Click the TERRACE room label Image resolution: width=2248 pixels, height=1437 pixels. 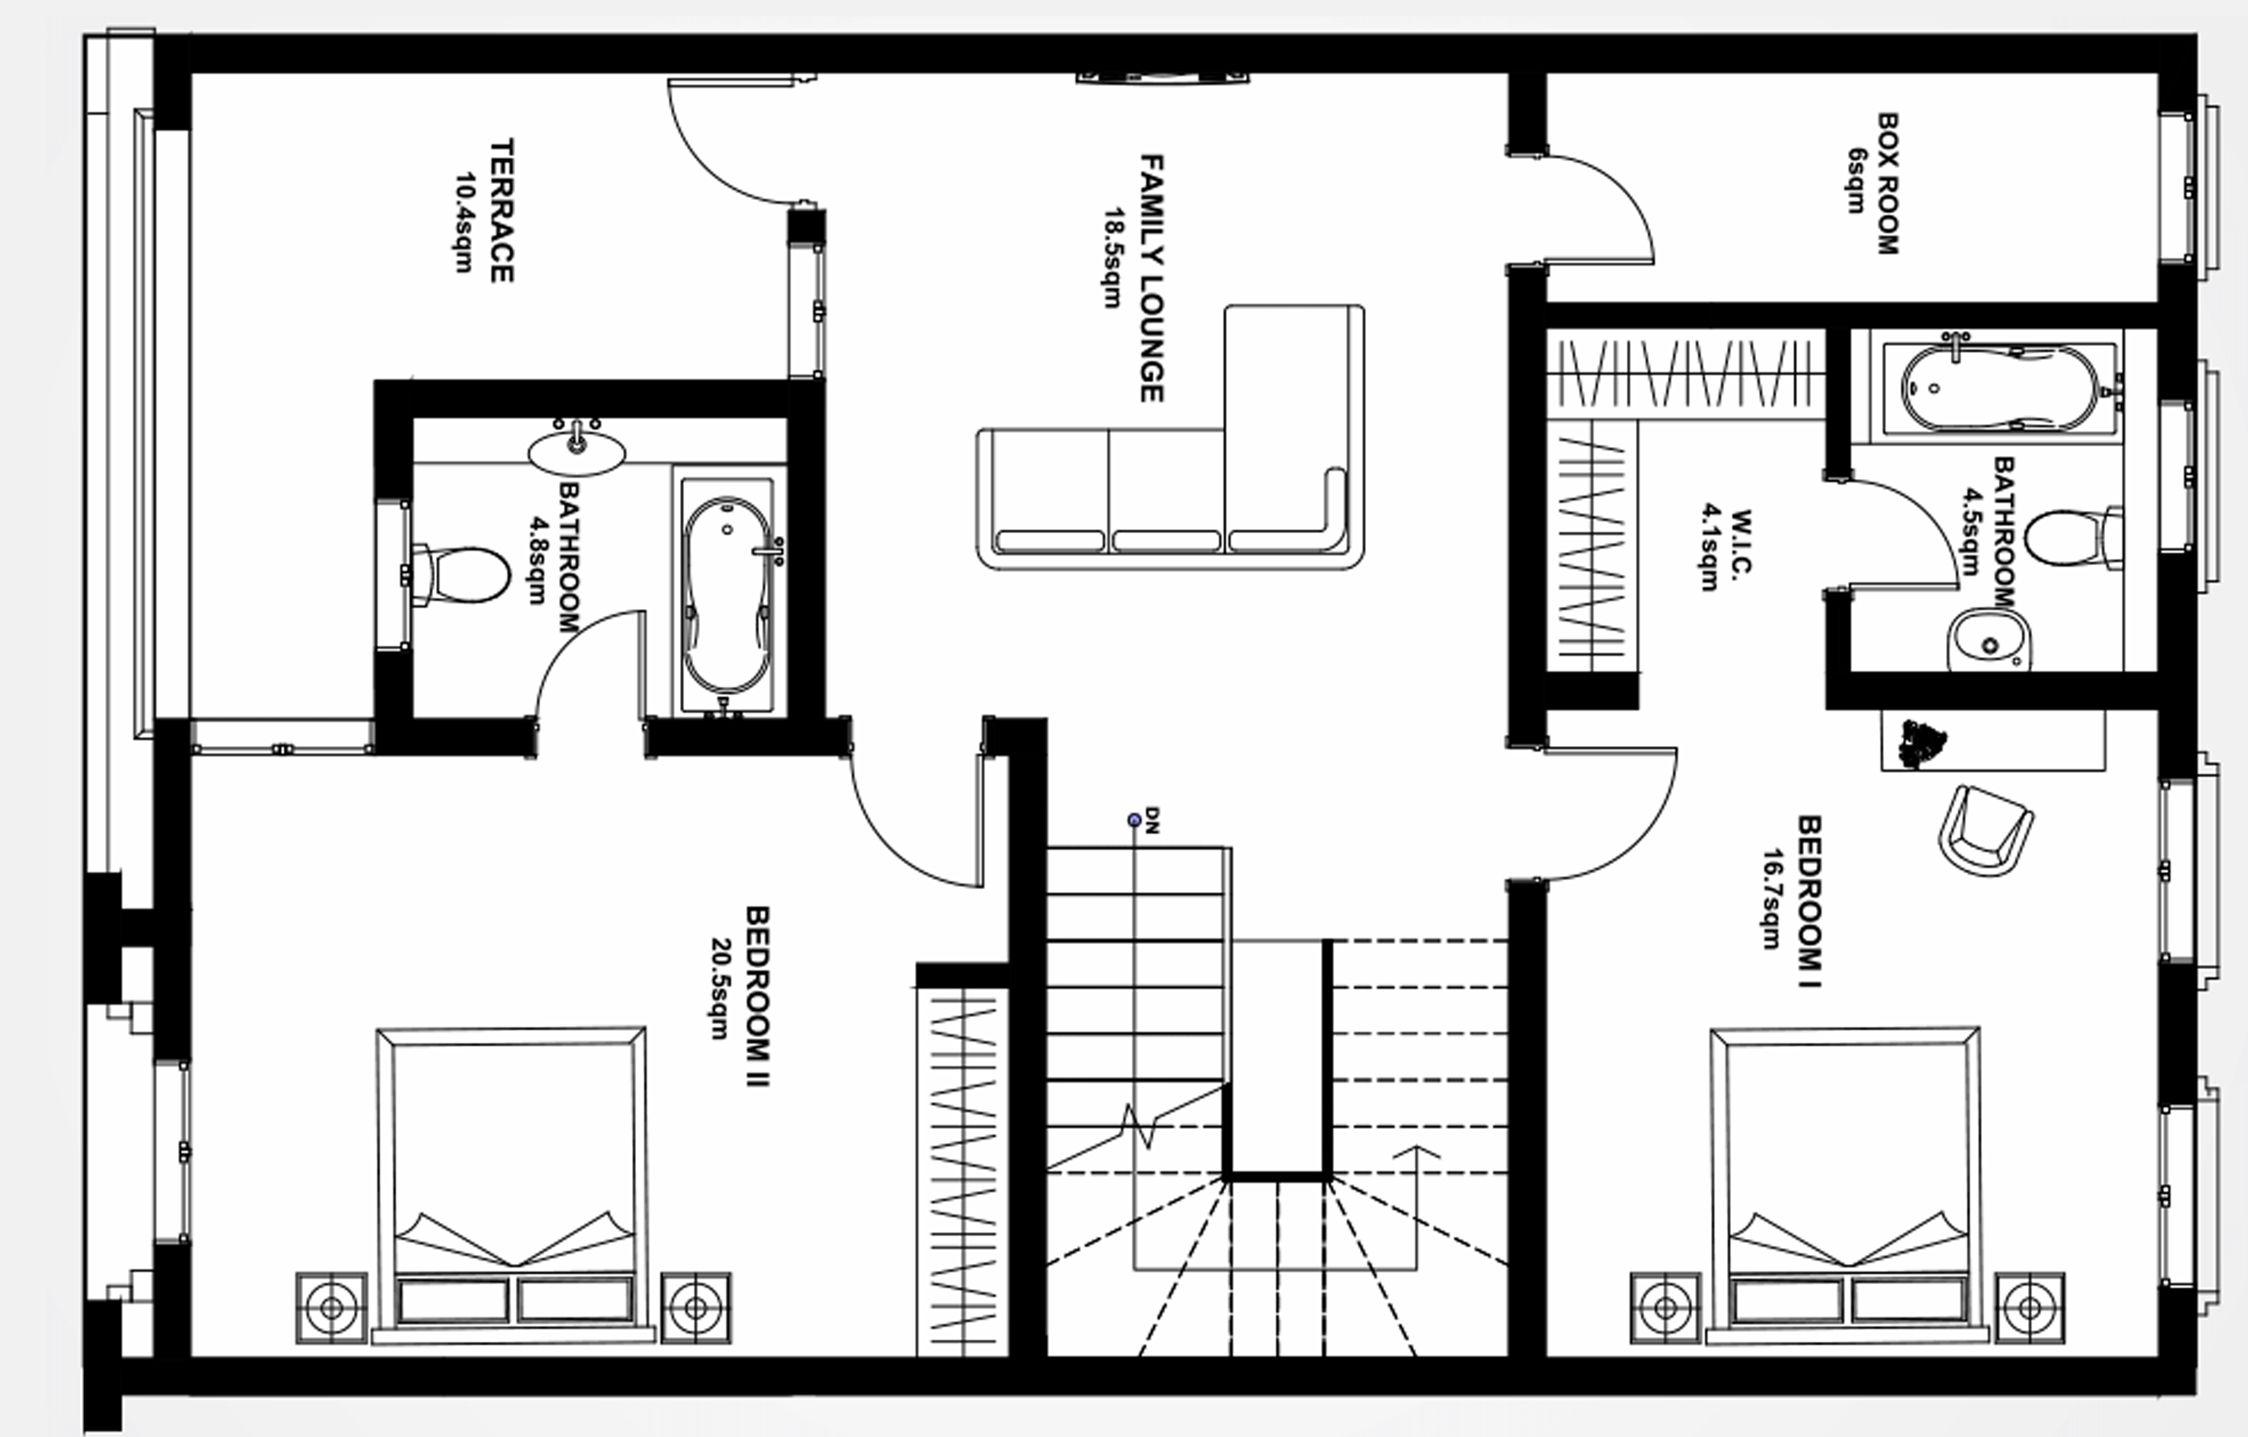point(501,211)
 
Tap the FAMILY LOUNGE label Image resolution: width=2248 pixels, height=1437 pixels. point(1151,278)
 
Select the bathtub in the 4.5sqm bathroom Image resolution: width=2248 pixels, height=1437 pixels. point(2000,387)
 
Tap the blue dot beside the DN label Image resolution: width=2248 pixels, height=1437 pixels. point(1134,821)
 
